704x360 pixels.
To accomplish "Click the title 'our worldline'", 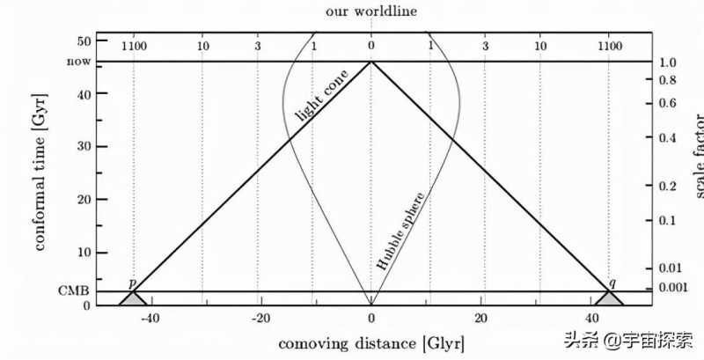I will coord(370,11).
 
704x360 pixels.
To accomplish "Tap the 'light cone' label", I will coord(323,97).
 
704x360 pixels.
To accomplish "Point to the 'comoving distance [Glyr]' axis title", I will coord(370,342).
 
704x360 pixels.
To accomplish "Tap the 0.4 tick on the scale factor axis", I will coord(671,138).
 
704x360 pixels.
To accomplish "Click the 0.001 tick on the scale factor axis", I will coord(676,288).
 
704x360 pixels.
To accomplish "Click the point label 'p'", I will coord(132,283).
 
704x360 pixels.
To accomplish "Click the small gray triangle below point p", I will coord(133,298).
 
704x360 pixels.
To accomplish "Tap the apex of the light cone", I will coord(370,62).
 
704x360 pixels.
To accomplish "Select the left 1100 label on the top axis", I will coord(133,44).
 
